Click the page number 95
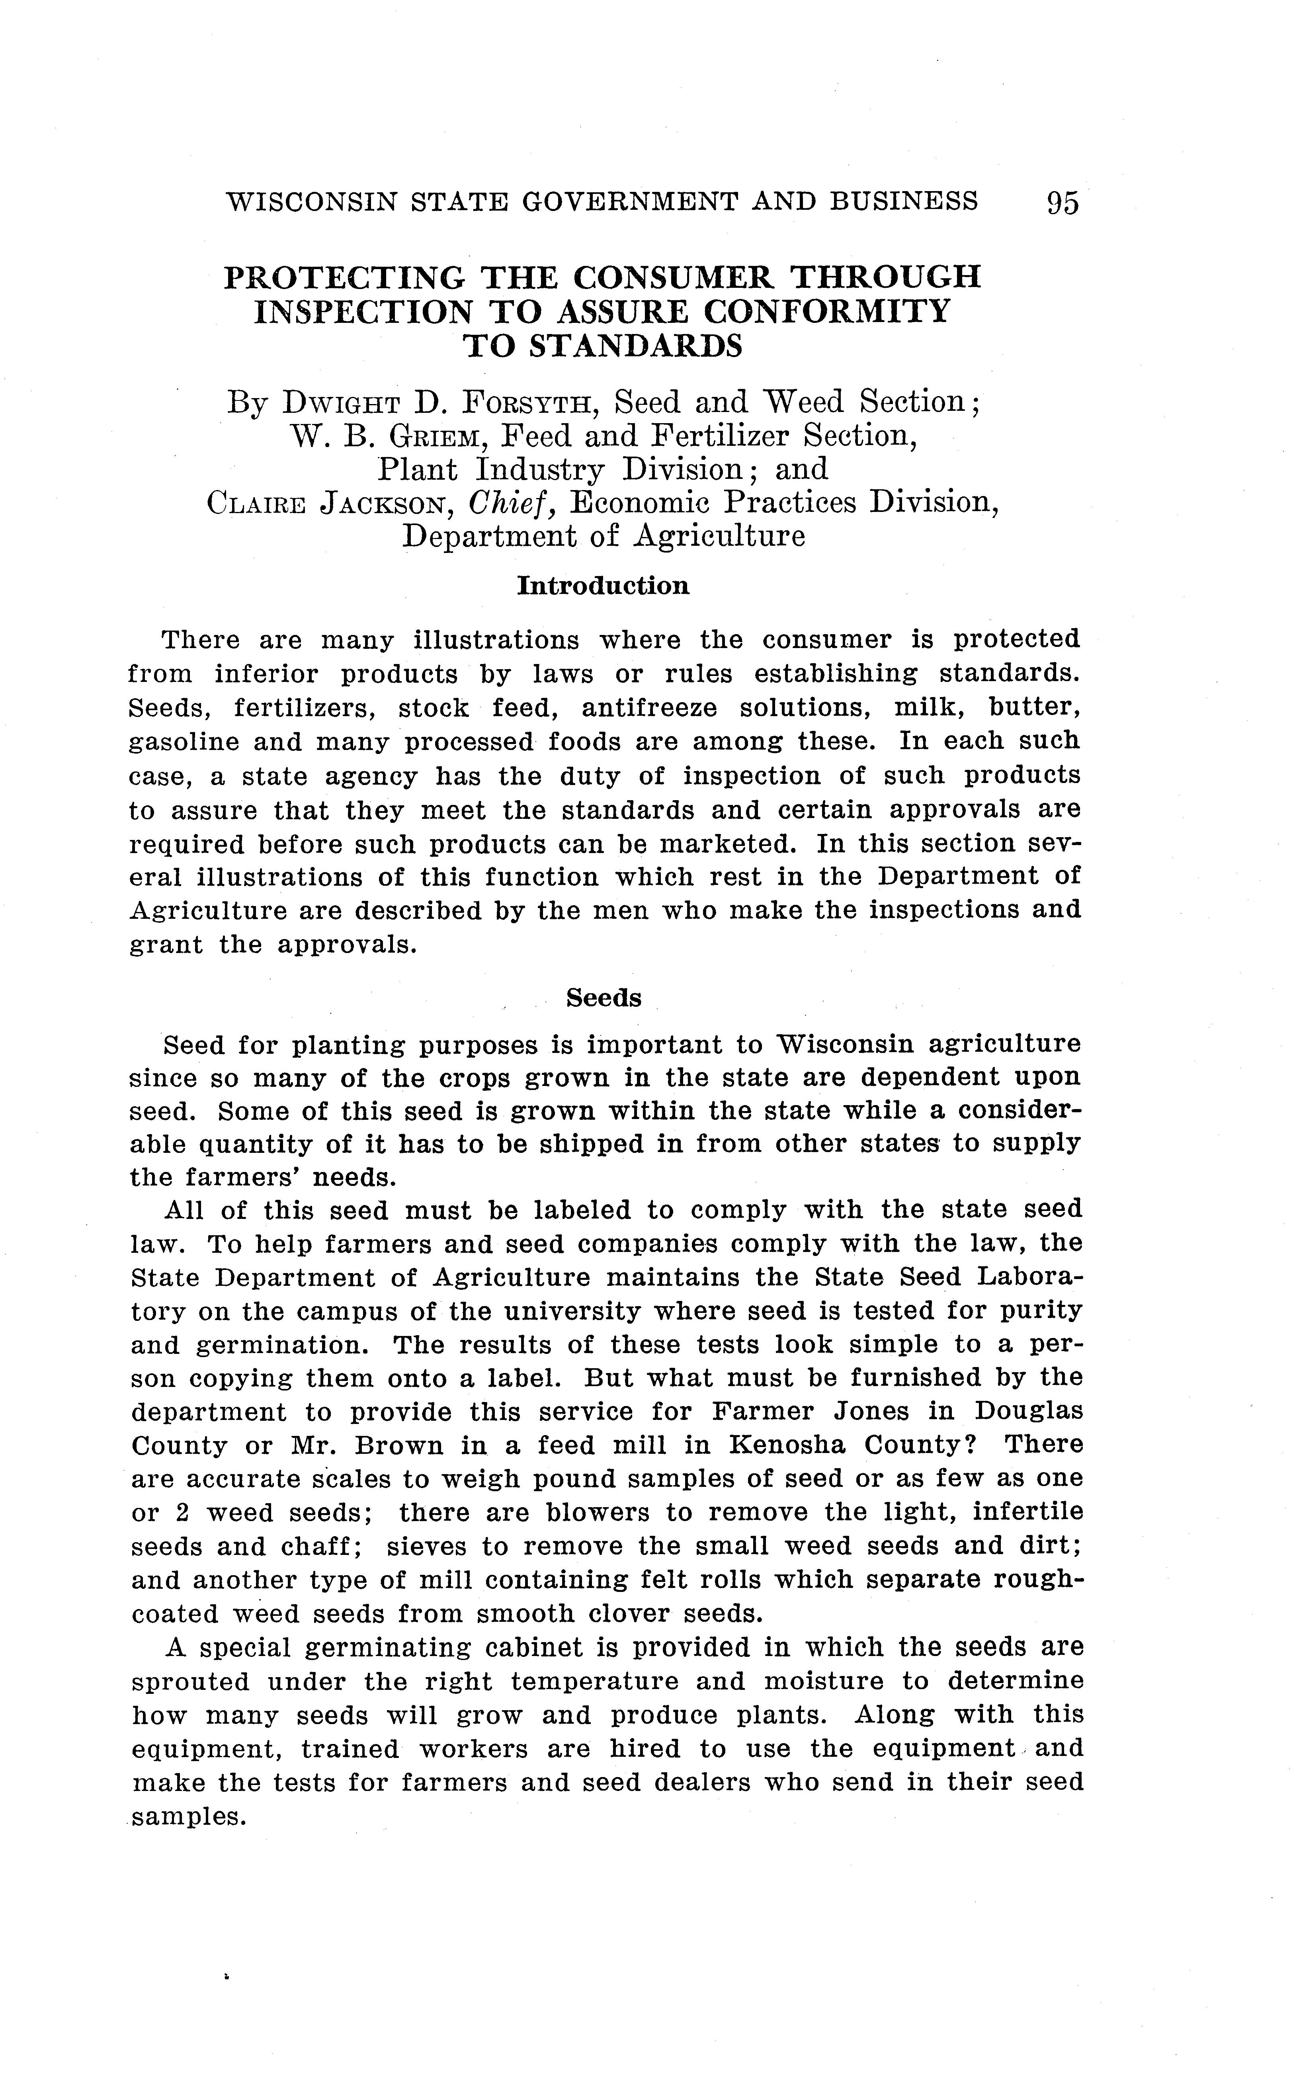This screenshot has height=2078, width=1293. click(x=1062, y=203)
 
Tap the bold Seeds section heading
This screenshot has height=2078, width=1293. click(x=604, y=998)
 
